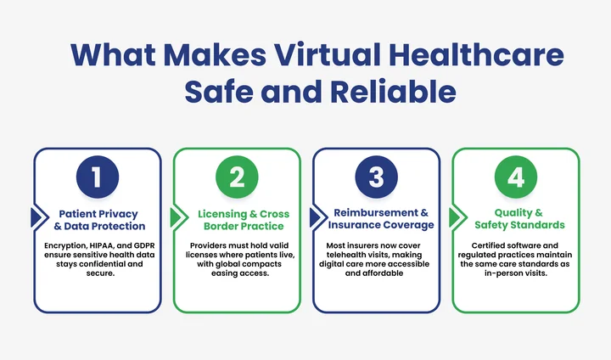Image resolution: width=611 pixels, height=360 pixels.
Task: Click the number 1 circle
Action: coord(98,177)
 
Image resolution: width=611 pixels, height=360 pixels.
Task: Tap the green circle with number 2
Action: coord(237,177)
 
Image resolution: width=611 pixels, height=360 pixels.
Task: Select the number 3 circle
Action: coord(376,177)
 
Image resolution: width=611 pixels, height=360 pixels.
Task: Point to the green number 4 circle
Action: coord(515,177)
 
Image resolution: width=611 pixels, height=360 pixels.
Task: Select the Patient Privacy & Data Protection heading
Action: coord(100,219)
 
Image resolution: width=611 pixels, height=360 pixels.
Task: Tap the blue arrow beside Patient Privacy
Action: coord(36,218)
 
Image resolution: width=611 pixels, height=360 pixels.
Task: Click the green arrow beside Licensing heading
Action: coord(176,218)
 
